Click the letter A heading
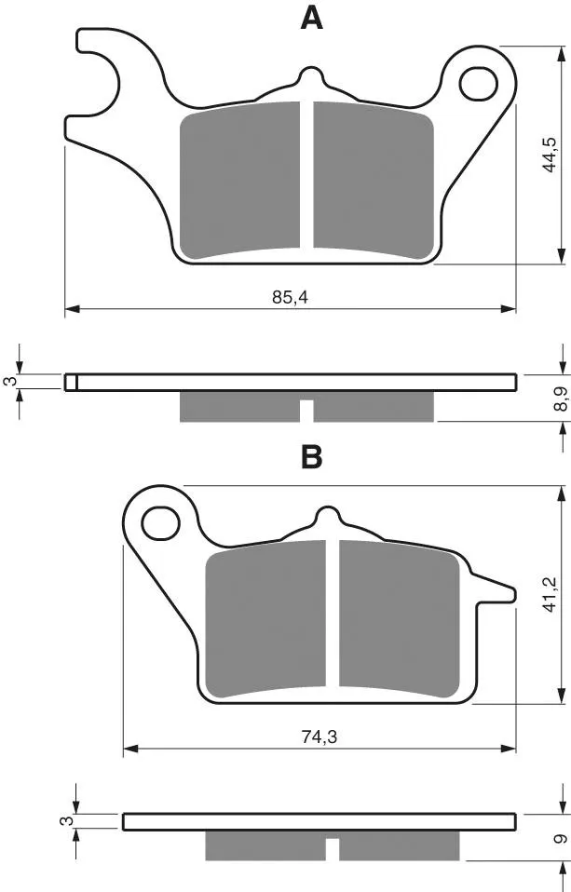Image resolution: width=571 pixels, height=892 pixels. [x=311, y=19]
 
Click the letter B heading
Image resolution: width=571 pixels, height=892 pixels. [x=311, y=456]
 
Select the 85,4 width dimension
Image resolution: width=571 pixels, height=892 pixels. [x=290, y=297]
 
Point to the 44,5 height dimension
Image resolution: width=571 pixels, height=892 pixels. [x=550, y=155]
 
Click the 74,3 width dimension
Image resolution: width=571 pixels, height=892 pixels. [x=319, y=737]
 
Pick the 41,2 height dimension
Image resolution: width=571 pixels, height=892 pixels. [x=550, y=594]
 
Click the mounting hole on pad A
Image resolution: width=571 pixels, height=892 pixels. [x=479, y=85]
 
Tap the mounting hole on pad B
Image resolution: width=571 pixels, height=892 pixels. [x=161, y=523]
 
